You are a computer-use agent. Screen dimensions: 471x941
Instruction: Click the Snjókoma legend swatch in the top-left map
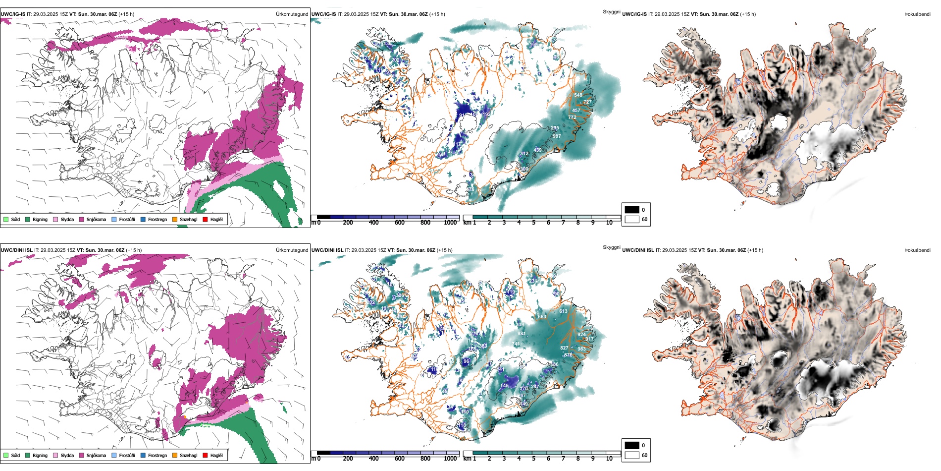(x=82, y=219)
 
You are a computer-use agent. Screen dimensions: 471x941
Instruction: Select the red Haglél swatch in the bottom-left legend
(x=205, y=455)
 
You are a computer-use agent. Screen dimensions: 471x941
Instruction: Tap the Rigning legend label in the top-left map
(x=40, y=219)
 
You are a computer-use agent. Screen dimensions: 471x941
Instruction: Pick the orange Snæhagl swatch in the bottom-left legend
(x=175, y=455)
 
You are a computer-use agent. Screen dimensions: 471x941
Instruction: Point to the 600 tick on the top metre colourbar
(x=400, y=223)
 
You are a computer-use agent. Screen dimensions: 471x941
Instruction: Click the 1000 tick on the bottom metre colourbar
(x=451, y=459)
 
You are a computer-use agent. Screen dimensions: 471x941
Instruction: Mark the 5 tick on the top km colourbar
(x=533, y=223)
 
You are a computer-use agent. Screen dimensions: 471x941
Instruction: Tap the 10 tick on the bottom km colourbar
(x=609, y=459)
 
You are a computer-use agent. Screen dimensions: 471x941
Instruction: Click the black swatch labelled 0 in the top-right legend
(x=632, y=210)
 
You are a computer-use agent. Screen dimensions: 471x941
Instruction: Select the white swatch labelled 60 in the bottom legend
(x=632, y=455)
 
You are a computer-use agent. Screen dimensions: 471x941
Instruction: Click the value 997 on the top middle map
(x=557, y=136)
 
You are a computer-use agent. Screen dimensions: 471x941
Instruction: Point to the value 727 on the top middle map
(x=587, y=102)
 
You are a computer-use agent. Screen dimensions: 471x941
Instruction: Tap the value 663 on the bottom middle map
(x=542, y=317)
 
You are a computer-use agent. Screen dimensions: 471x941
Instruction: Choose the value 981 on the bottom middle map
(x=522, y=334)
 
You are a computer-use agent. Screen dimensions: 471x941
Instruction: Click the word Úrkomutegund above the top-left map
(x=292, y=14)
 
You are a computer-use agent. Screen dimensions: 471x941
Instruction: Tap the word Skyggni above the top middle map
(x=611, y=11)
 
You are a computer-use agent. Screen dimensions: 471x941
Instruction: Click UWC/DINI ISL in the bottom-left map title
(x=16, y=250)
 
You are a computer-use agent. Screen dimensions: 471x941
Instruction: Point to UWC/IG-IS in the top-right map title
(x=634, y=14)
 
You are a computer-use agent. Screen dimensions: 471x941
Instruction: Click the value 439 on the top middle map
(x=537, y=150)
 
